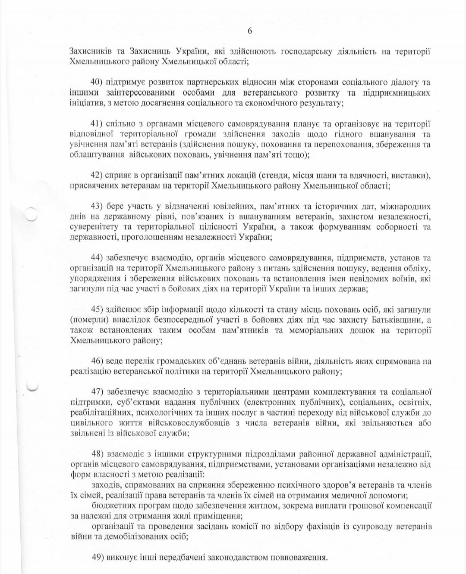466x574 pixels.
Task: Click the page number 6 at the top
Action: point(249,31)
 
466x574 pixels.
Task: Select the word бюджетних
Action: point(111,506)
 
